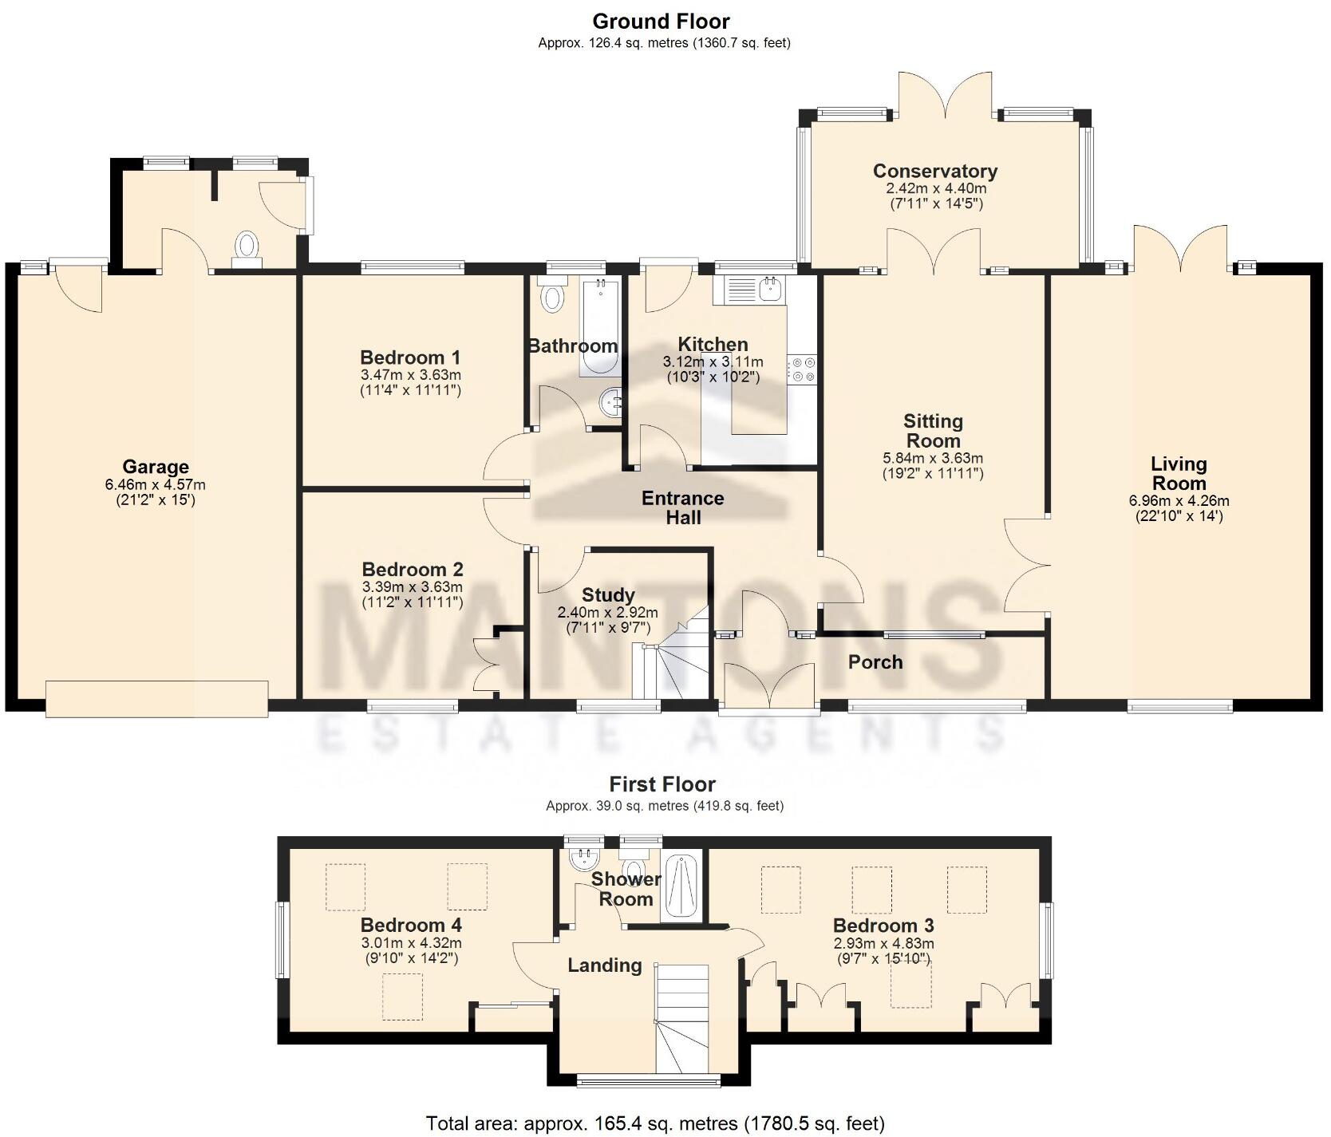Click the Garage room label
(156, 467)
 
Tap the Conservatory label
(935, 171)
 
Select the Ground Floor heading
(661, 21)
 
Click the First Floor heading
(662, 784)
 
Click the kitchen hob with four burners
(802, 369)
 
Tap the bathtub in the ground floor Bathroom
(599, 327)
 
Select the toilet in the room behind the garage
(247, 248)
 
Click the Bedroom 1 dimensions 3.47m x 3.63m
(411, 375)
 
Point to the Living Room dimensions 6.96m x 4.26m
(1179, 501)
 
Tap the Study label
(608, 594)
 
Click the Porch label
(875, 661)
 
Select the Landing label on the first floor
(605, 965)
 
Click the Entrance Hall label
(683, 507)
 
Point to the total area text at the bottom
(655, 1124)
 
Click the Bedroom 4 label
(411, 925)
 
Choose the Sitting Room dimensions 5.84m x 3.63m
(933, 458)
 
